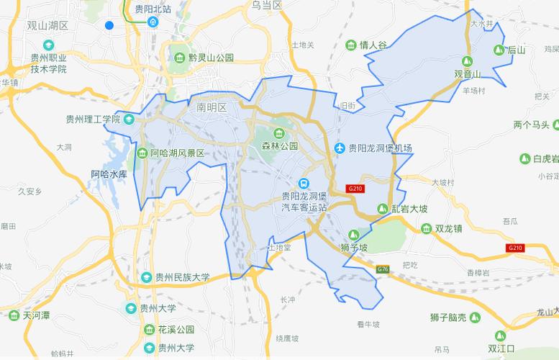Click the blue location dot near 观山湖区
tap(109, 25)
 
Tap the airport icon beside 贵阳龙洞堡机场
tap(340, 148)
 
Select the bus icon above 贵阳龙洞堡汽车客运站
tap(304, 183)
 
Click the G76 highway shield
tap(382, 269)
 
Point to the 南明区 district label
tap(211, 107)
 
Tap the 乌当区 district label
tap(266, 5)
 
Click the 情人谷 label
tap(373, 45)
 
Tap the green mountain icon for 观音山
tap(467, 61)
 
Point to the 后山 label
tap(517, 50)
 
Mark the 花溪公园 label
tap(176, 330)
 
